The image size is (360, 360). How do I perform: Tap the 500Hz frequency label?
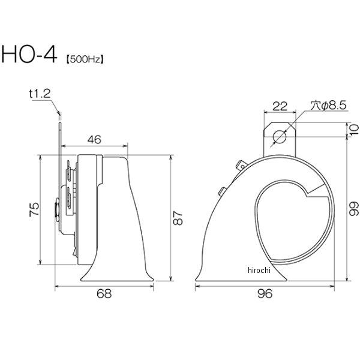(85, 59)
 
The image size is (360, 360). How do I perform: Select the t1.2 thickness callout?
(40, 94)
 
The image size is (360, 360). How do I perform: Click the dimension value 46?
(94, 140)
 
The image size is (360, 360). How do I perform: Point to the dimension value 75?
(34, 209)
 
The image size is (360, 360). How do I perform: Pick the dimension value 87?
(178, 218)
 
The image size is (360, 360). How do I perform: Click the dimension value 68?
(104, 293)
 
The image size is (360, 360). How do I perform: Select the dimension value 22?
(280, 106)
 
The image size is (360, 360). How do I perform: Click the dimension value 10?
(355, 130)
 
